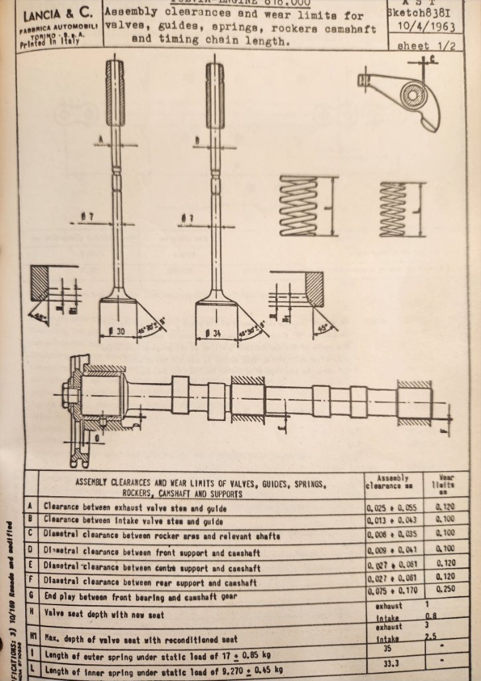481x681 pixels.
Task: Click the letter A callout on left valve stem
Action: (x=100, y=139)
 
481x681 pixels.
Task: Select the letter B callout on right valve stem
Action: (x=198, y=140)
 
